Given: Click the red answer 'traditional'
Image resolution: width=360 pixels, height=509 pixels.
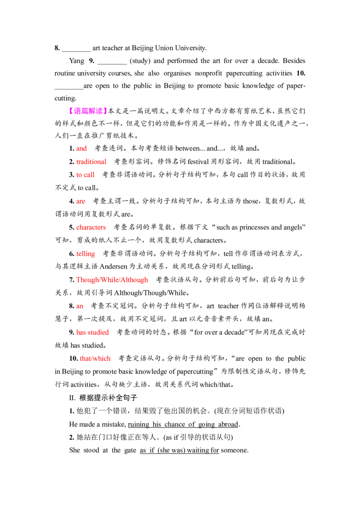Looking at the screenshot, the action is coord(91,162).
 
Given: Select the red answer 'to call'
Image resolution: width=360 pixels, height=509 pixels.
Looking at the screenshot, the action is coord(85,174).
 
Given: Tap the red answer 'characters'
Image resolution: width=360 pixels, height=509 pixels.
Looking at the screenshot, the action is coord(91,227).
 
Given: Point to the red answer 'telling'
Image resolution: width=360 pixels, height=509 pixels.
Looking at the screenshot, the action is coord(86,254).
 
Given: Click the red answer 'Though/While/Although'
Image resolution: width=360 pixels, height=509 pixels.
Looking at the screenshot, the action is coord(112,280).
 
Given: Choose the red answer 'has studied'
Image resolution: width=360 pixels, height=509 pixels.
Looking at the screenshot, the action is coord(93,332).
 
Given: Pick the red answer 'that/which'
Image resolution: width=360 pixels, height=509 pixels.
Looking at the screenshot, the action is coord(95,358).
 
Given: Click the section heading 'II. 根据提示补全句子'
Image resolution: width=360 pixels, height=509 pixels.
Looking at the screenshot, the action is coord(103,397).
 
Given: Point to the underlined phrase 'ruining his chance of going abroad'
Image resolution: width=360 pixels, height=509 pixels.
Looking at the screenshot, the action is coord(183,424).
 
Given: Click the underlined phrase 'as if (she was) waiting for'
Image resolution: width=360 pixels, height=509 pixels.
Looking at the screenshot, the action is coord(180,450).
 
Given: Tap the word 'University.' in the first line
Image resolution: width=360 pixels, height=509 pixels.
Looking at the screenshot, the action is coord(191,48).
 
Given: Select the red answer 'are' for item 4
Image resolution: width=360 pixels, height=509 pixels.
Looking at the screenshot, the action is coord(81,201).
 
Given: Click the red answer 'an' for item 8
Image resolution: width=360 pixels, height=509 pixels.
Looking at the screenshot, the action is coord(80,306).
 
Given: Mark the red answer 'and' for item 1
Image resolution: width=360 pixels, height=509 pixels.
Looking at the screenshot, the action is coord(81,148).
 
